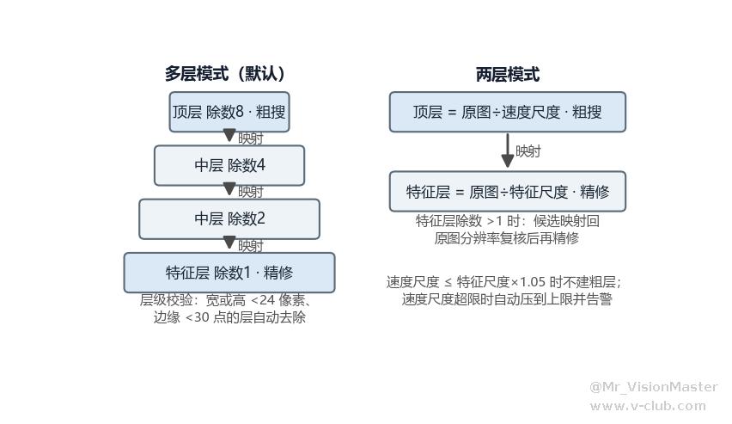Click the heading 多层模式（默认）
point(225,74)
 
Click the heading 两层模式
point(508,74)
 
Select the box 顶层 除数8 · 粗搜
point(229,112)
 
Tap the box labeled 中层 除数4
point(229,165)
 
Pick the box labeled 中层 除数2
point(229,218)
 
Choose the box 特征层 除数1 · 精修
point(229,273)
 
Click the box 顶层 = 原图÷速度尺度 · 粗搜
point(508,112)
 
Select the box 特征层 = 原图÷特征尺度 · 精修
point(508,191)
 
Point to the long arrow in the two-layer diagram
point(508,151)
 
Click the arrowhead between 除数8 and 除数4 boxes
point(229,136)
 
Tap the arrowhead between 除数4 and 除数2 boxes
point(229,189)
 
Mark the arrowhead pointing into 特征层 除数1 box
point(229,243)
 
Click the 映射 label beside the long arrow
point(528,151)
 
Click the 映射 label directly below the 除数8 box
point(251,138)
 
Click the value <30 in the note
point(198,317)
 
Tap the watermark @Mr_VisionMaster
point(654,387)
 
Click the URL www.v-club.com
point(648,406)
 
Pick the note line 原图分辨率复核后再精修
point(507,238)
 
